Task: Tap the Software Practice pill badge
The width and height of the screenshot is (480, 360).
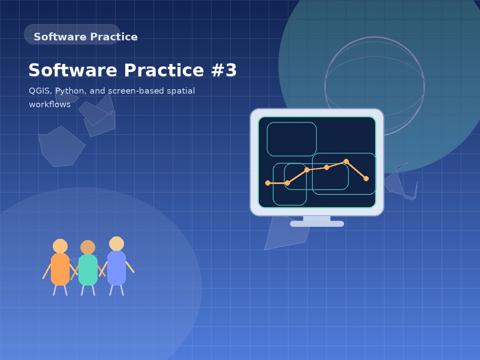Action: (72, 34)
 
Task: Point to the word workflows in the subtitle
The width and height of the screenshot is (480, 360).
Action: (50, 105)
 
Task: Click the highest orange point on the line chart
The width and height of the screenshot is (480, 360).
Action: (346, 162)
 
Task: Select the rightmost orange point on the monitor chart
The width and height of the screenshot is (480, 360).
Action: (366, 178)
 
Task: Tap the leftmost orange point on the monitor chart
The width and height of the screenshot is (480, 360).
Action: (268, 183)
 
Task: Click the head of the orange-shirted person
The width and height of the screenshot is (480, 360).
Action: (60, 246)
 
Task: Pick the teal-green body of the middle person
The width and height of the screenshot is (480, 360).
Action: (88, 270)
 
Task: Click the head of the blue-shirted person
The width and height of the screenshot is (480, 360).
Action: (116, 244)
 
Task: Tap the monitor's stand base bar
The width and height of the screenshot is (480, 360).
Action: (317, 224)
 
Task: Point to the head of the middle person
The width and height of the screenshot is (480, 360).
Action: (88, 247)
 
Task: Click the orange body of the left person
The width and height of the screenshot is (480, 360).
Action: (60, 269)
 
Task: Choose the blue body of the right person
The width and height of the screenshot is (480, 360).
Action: (116, 268)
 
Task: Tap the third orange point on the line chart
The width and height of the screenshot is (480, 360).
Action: (307, 170)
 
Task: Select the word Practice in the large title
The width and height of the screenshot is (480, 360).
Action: (164, 70)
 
